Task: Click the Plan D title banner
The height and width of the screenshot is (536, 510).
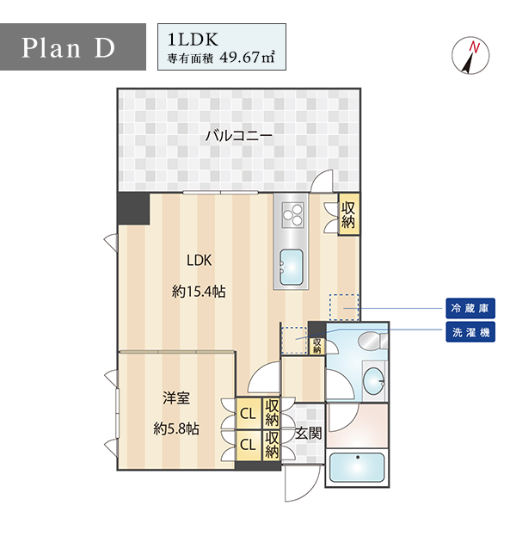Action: point(73,46)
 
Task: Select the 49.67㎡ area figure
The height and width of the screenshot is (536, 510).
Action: point(248,57)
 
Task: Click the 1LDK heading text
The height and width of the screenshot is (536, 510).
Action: point(193,40)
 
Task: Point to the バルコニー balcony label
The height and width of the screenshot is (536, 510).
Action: point(239,136)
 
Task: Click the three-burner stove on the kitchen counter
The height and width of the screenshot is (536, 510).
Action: point(292,214)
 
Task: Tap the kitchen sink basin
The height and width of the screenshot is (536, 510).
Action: point(292,268)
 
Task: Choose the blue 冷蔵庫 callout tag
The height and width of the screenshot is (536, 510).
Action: point(470,308)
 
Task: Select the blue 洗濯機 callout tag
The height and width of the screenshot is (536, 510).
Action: point(470,332)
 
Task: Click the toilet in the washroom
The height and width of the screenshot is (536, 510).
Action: point(372,341)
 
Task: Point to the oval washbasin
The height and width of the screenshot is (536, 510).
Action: point(373,382)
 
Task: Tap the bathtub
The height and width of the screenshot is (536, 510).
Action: point(357,468)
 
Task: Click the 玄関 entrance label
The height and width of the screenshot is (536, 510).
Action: point(308,433)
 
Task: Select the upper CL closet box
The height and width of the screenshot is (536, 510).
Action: point(249,414)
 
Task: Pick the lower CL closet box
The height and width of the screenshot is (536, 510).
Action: point(249,445)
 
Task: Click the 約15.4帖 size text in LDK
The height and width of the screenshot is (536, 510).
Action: point(199,292)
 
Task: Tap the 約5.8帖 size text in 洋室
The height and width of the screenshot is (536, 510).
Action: point(176,428)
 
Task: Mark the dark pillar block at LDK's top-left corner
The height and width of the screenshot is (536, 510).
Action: point(133,208)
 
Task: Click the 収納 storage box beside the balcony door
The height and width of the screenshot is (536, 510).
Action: point(348,215)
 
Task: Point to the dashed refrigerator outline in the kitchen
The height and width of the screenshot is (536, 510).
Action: point(344,307)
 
